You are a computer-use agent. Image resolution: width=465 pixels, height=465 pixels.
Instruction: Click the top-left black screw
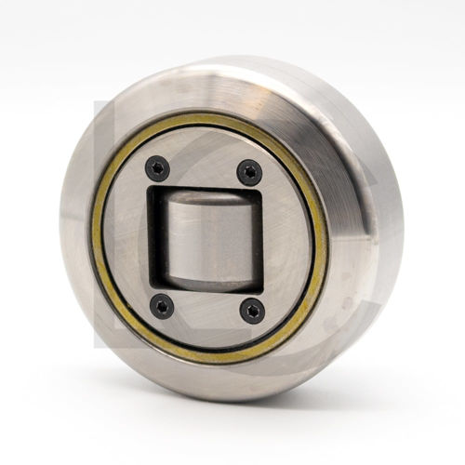(x=157, y=168)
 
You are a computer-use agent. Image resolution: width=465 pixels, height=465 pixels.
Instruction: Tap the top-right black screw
(x=249, y=171)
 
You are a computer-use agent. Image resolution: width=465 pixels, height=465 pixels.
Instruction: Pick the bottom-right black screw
(x=251, y=311)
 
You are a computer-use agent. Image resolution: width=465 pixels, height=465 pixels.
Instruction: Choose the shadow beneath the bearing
(x=232, y=409)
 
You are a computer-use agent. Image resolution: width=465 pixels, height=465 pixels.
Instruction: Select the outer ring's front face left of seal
(x=79, y=232)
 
